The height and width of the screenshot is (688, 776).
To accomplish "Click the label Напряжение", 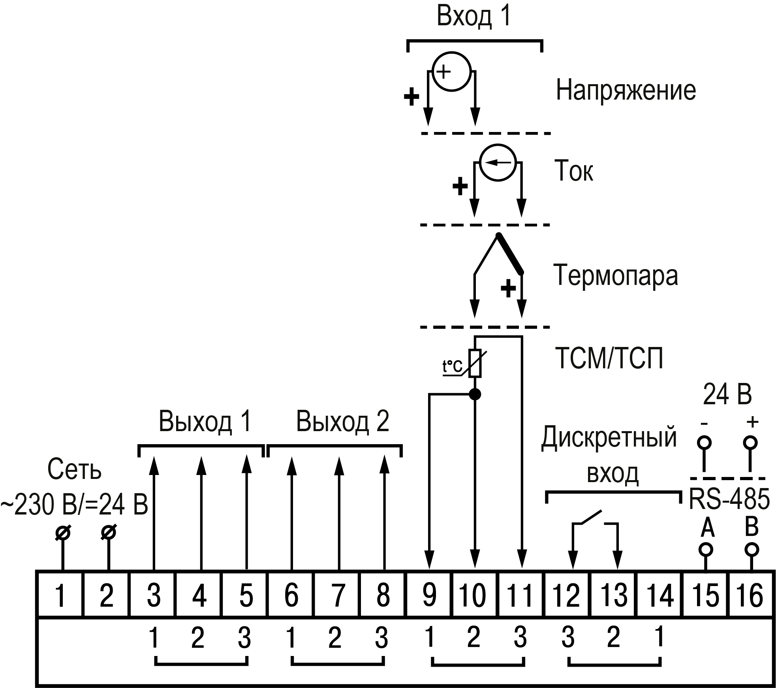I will (626, 90).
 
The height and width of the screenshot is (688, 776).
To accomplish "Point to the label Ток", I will (573, 171).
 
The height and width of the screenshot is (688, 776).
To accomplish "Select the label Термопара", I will (616, 275).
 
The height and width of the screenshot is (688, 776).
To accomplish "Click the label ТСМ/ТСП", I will (609, 358).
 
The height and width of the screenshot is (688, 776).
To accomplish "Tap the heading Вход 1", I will (474, 17).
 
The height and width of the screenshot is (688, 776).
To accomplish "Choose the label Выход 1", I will (205, 422).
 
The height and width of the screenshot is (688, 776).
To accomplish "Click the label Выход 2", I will (342, 422).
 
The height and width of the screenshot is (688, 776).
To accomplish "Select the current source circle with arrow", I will (498, 162).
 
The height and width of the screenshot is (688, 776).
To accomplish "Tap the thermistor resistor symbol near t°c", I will (475, 363).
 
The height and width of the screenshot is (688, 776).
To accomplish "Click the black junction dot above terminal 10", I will (475, 394).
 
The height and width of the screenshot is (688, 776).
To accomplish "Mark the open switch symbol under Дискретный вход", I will (591, 518).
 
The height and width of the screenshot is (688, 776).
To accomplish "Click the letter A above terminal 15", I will (707, 528).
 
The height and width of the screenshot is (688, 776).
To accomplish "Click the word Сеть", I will (74, 470).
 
